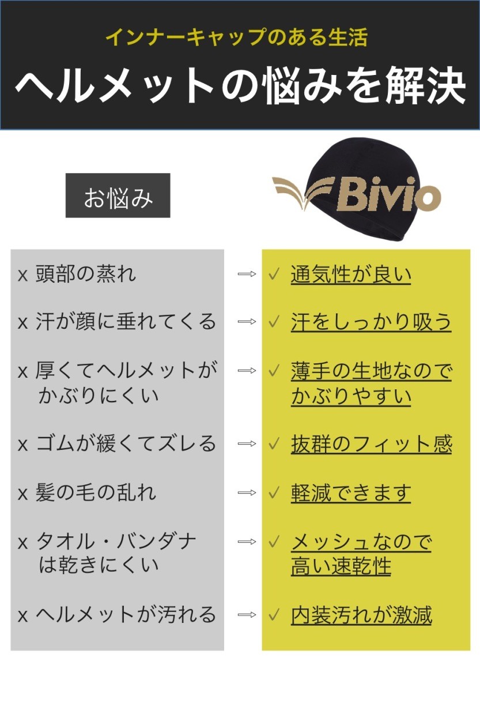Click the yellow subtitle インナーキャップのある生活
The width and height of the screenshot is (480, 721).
[237, 38]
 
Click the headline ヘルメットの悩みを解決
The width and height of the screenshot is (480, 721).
[240, 87]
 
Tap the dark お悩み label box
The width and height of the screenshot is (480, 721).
[118, 196]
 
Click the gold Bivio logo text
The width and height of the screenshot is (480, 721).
[388, 196]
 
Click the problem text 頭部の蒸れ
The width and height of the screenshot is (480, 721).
[86, 273]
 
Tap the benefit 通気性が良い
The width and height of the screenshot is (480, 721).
[350, 274]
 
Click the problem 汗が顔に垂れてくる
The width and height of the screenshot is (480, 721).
[126, 321]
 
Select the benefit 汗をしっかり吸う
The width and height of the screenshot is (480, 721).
[371, 322]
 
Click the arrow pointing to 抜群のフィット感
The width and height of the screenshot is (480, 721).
[247, 444]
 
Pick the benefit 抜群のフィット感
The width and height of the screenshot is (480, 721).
[371, 444]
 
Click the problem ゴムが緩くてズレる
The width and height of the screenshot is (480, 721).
[126, 444]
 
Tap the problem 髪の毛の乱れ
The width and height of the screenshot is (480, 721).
[96, 493]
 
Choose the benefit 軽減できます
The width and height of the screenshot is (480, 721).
[350, 493]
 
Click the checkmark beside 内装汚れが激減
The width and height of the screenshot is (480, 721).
[274, 615]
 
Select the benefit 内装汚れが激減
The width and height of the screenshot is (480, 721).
[361, 615]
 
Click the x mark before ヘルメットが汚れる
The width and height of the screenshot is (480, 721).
[22, 616]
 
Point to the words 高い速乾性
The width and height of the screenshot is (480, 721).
[341, 567]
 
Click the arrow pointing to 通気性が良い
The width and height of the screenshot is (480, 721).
[247, 274]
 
